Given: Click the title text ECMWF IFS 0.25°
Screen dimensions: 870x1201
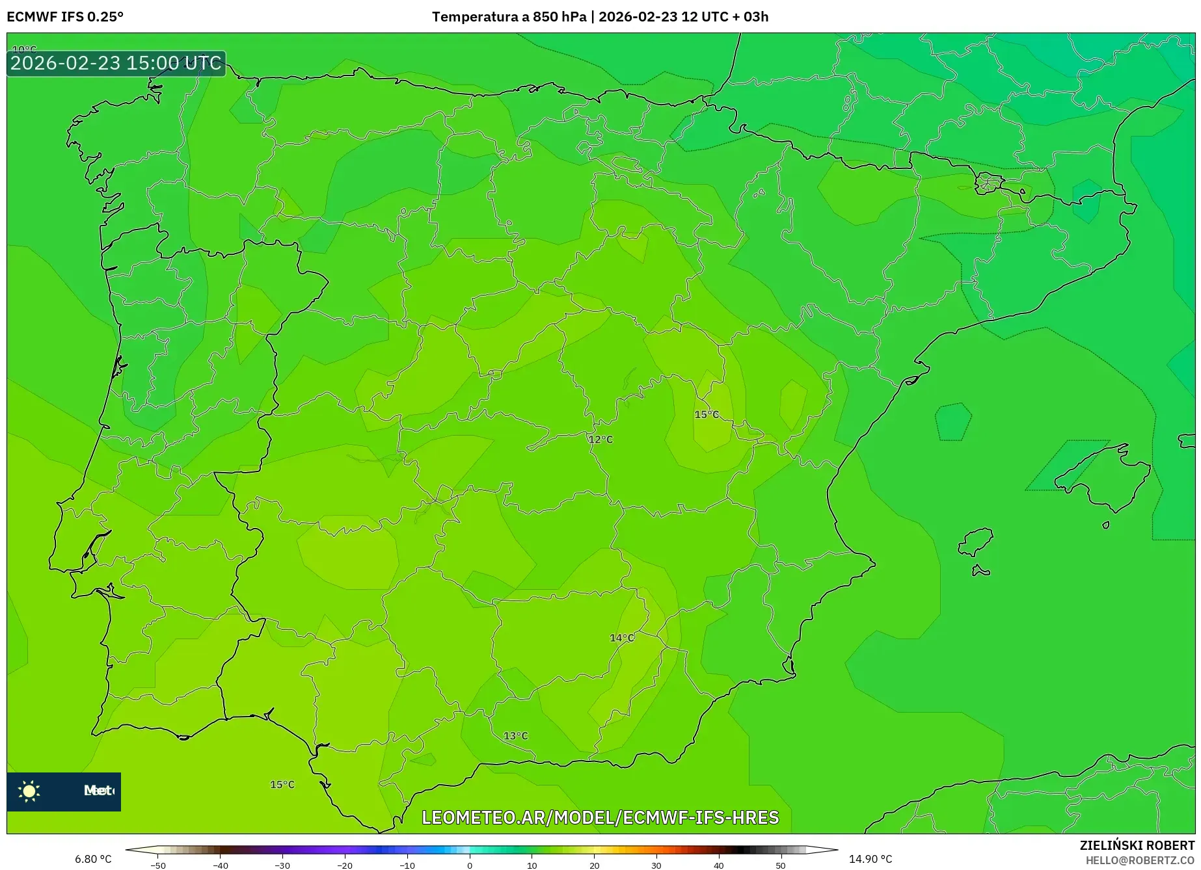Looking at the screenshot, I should pos(65,17).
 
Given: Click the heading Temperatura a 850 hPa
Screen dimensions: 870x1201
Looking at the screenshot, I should pos(509,17).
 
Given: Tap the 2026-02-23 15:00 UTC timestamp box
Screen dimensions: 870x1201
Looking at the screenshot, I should pos(116,63).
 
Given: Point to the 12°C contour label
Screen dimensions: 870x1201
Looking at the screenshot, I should pos(600,440).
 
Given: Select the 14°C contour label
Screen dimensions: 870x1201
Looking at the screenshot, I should pos(621,638).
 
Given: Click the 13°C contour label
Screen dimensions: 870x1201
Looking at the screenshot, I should pos(515,736).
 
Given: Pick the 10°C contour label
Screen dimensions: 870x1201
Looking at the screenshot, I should pos(25,49).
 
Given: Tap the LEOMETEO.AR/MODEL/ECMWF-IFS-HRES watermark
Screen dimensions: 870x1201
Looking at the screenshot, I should pos(600,817).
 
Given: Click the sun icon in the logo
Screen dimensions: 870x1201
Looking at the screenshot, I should pos(29,791).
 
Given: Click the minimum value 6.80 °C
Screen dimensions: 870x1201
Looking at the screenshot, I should pos(93,859).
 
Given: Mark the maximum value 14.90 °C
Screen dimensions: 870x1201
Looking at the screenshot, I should pos(870,859).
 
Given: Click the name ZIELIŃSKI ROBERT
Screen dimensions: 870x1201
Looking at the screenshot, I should pos(1137,845).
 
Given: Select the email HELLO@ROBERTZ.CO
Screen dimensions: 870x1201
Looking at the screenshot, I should pos(1140,860).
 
